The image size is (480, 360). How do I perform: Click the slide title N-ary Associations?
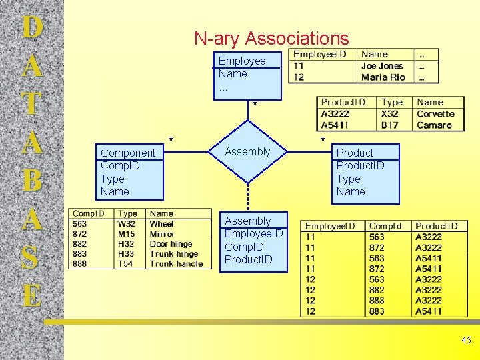(271, 39)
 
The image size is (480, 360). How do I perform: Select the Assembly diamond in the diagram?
(247, 152)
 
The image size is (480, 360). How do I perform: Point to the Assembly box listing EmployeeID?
(253, 240)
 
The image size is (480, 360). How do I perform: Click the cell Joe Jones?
(382, 66)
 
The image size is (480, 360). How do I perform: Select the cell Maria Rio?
(383, 77)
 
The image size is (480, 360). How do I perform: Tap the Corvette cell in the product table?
(435, 114)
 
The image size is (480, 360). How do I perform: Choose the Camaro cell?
(434, 125)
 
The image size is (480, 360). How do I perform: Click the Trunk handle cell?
(176, 264)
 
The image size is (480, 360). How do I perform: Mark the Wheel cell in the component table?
(161, 224)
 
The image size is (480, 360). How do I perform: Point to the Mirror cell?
(162, 234)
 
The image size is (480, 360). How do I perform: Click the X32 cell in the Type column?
(389, 114)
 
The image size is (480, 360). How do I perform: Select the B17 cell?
(389, 125)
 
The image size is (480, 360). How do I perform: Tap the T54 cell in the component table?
(126, 264)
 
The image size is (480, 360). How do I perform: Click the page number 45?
(466, 340)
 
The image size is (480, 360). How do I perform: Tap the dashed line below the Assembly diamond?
(248, 197)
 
